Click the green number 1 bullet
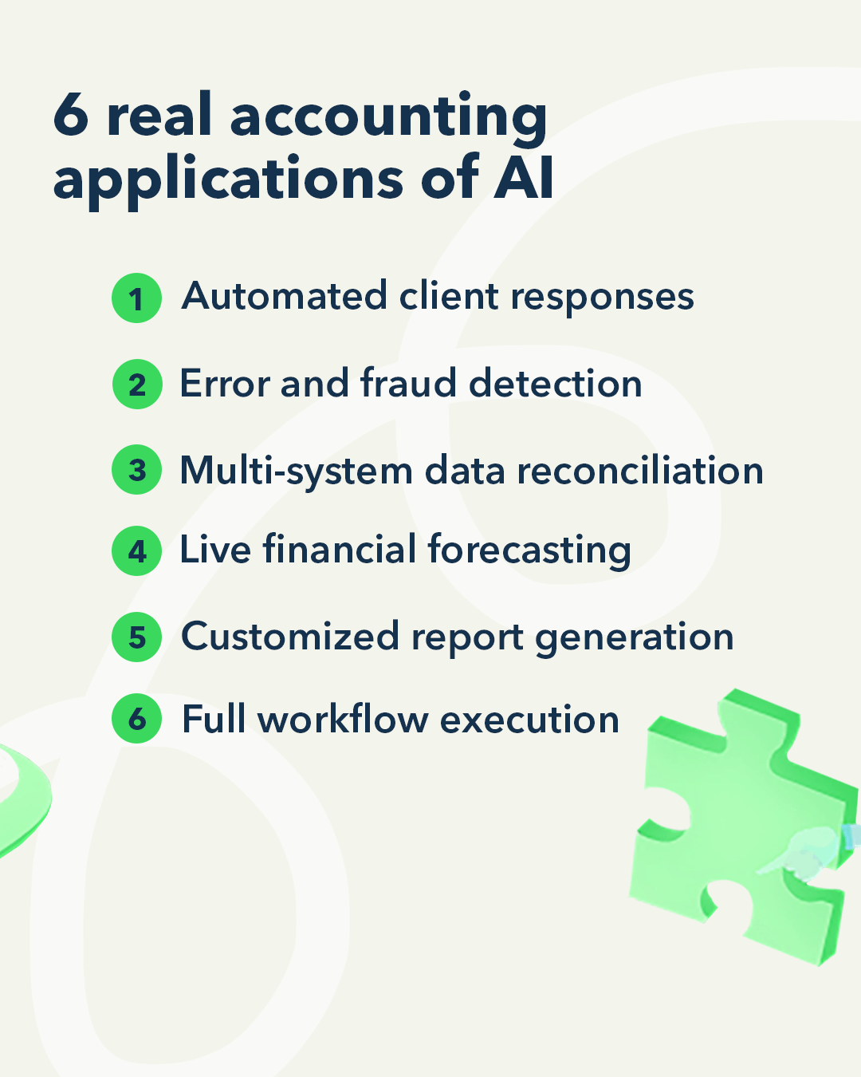[x=136, y=298]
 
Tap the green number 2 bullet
[x=137, y=385]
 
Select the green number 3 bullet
[x=137, y=470]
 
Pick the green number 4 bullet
[x=137, y=550]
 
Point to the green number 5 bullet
[x=137, y=637]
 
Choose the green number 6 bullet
[x=137, y=719]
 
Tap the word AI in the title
[x=524, y=177]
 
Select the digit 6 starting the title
[x=70, y=116]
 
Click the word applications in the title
[x=229, y=180]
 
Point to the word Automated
[x=285, y=297]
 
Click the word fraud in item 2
[x=409, y=383]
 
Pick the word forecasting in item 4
[x=529, y=551]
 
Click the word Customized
[x=290, y=637]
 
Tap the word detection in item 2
[x=555, y=383]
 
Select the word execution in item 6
[x=529, y=720]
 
